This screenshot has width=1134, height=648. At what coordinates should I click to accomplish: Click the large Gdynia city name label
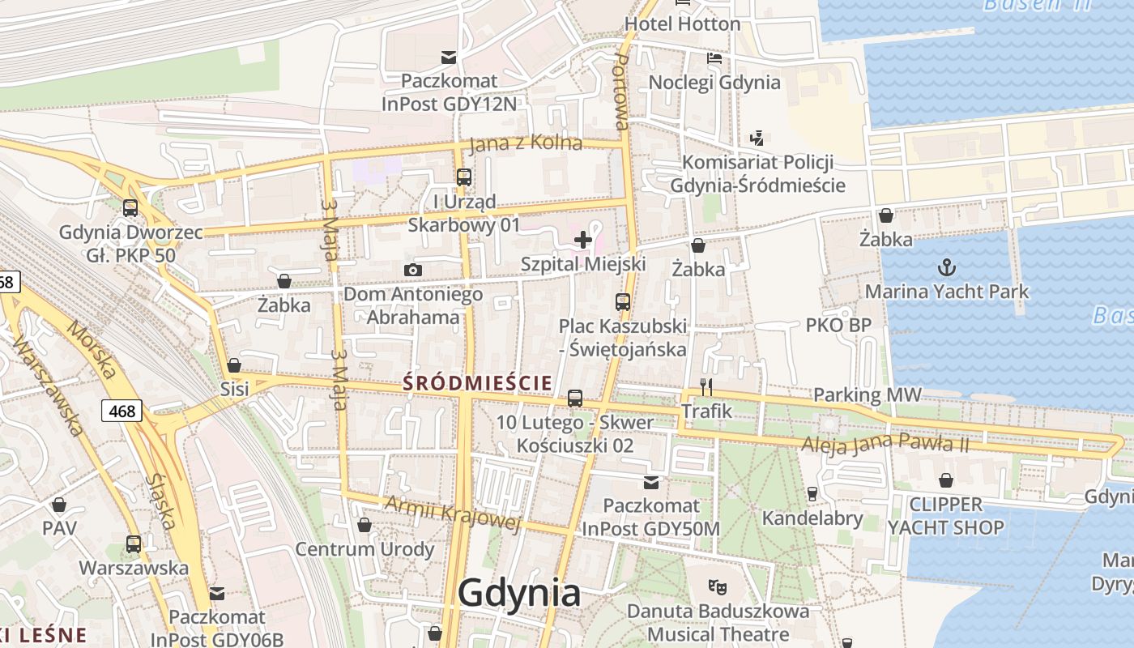pos(519,593)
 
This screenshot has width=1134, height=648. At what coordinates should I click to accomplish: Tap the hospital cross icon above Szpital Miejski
pos(583,239)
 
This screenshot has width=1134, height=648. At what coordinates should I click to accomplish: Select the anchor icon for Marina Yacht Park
pos(946,266)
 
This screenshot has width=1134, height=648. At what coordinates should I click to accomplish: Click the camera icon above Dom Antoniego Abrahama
pos(413,270)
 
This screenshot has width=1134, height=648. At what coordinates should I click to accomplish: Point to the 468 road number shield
pos(122,411)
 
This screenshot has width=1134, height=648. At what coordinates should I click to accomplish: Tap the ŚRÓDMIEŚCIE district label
pos(478,382)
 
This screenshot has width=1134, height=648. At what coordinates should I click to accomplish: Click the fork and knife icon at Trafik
pos(706,386)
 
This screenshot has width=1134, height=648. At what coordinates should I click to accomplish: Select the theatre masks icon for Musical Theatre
pos(716,585)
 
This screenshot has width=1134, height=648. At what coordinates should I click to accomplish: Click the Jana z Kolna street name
pos(526,143)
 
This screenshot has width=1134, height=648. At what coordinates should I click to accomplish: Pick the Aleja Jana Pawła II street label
pos(885,444)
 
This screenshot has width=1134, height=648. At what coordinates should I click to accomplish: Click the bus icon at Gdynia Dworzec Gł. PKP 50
pos(130,207)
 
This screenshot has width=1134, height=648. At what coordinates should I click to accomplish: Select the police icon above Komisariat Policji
pos(757,138)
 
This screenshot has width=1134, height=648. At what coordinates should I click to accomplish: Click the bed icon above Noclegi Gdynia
pos(714,58)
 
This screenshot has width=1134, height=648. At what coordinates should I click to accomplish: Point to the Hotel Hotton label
pos(682,24)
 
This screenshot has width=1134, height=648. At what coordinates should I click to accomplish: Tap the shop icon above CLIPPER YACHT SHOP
pos(945,481)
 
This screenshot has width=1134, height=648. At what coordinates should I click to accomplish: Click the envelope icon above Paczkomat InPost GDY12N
pos(448,57)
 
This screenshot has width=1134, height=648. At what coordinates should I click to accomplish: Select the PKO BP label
pos(838,325)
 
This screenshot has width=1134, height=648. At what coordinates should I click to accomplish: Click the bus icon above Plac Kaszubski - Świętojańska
pos(622,302)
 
